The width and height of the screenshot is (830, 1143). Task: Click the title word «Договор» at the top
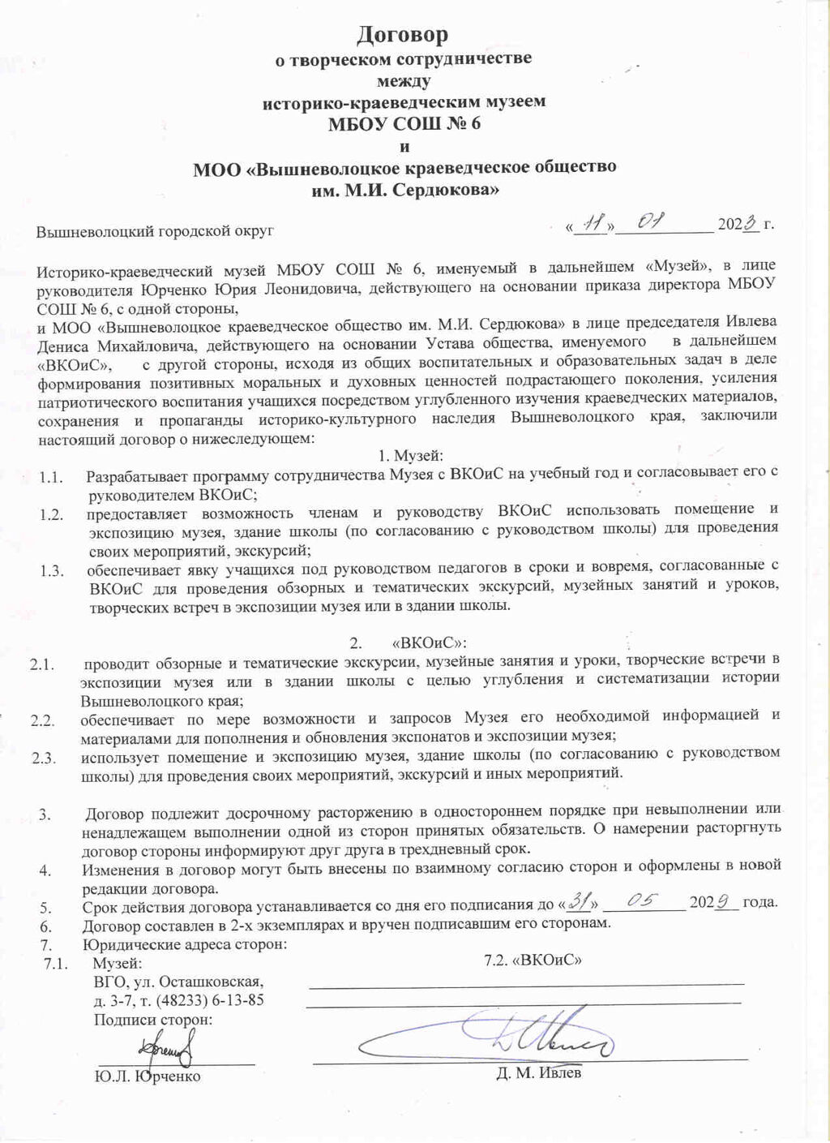pyautogui.click(x=403, y=35)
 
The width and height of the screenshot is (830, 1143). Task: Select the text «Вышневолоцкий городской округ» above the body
pyautogui.click(x=155, y=231)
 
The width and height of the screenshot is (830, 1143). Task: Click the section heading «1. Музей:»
pyautogui.click(x=410, y=455)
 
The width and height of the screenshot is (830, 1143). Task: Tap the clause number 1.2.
pyautogui.click(x=52, y=514)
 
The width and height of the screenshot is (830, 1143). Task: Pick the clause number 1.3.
pyautogui.click(x=52, y=570)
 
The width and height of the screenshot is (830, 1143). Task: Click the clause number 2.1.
pyautogui.click(x=42, y=665)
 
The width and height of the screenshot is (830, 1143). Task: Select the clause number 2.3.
pyautogui.click(x=43, y=758)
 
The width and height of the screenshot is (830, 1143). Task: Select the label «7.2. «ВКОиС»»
pyautogui.click(x=533, y=960)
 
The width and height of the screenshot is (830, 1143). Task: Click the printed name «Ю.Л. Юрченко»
pyautogui.click(x=148, y=1076)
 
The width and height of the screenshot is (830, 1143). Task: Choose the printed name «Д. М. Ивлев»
pyautogui.click(x=539, y=1073)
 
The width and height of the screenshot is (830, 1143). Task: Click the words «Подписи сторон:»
pyautogui.click(x=153, y=1019)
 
